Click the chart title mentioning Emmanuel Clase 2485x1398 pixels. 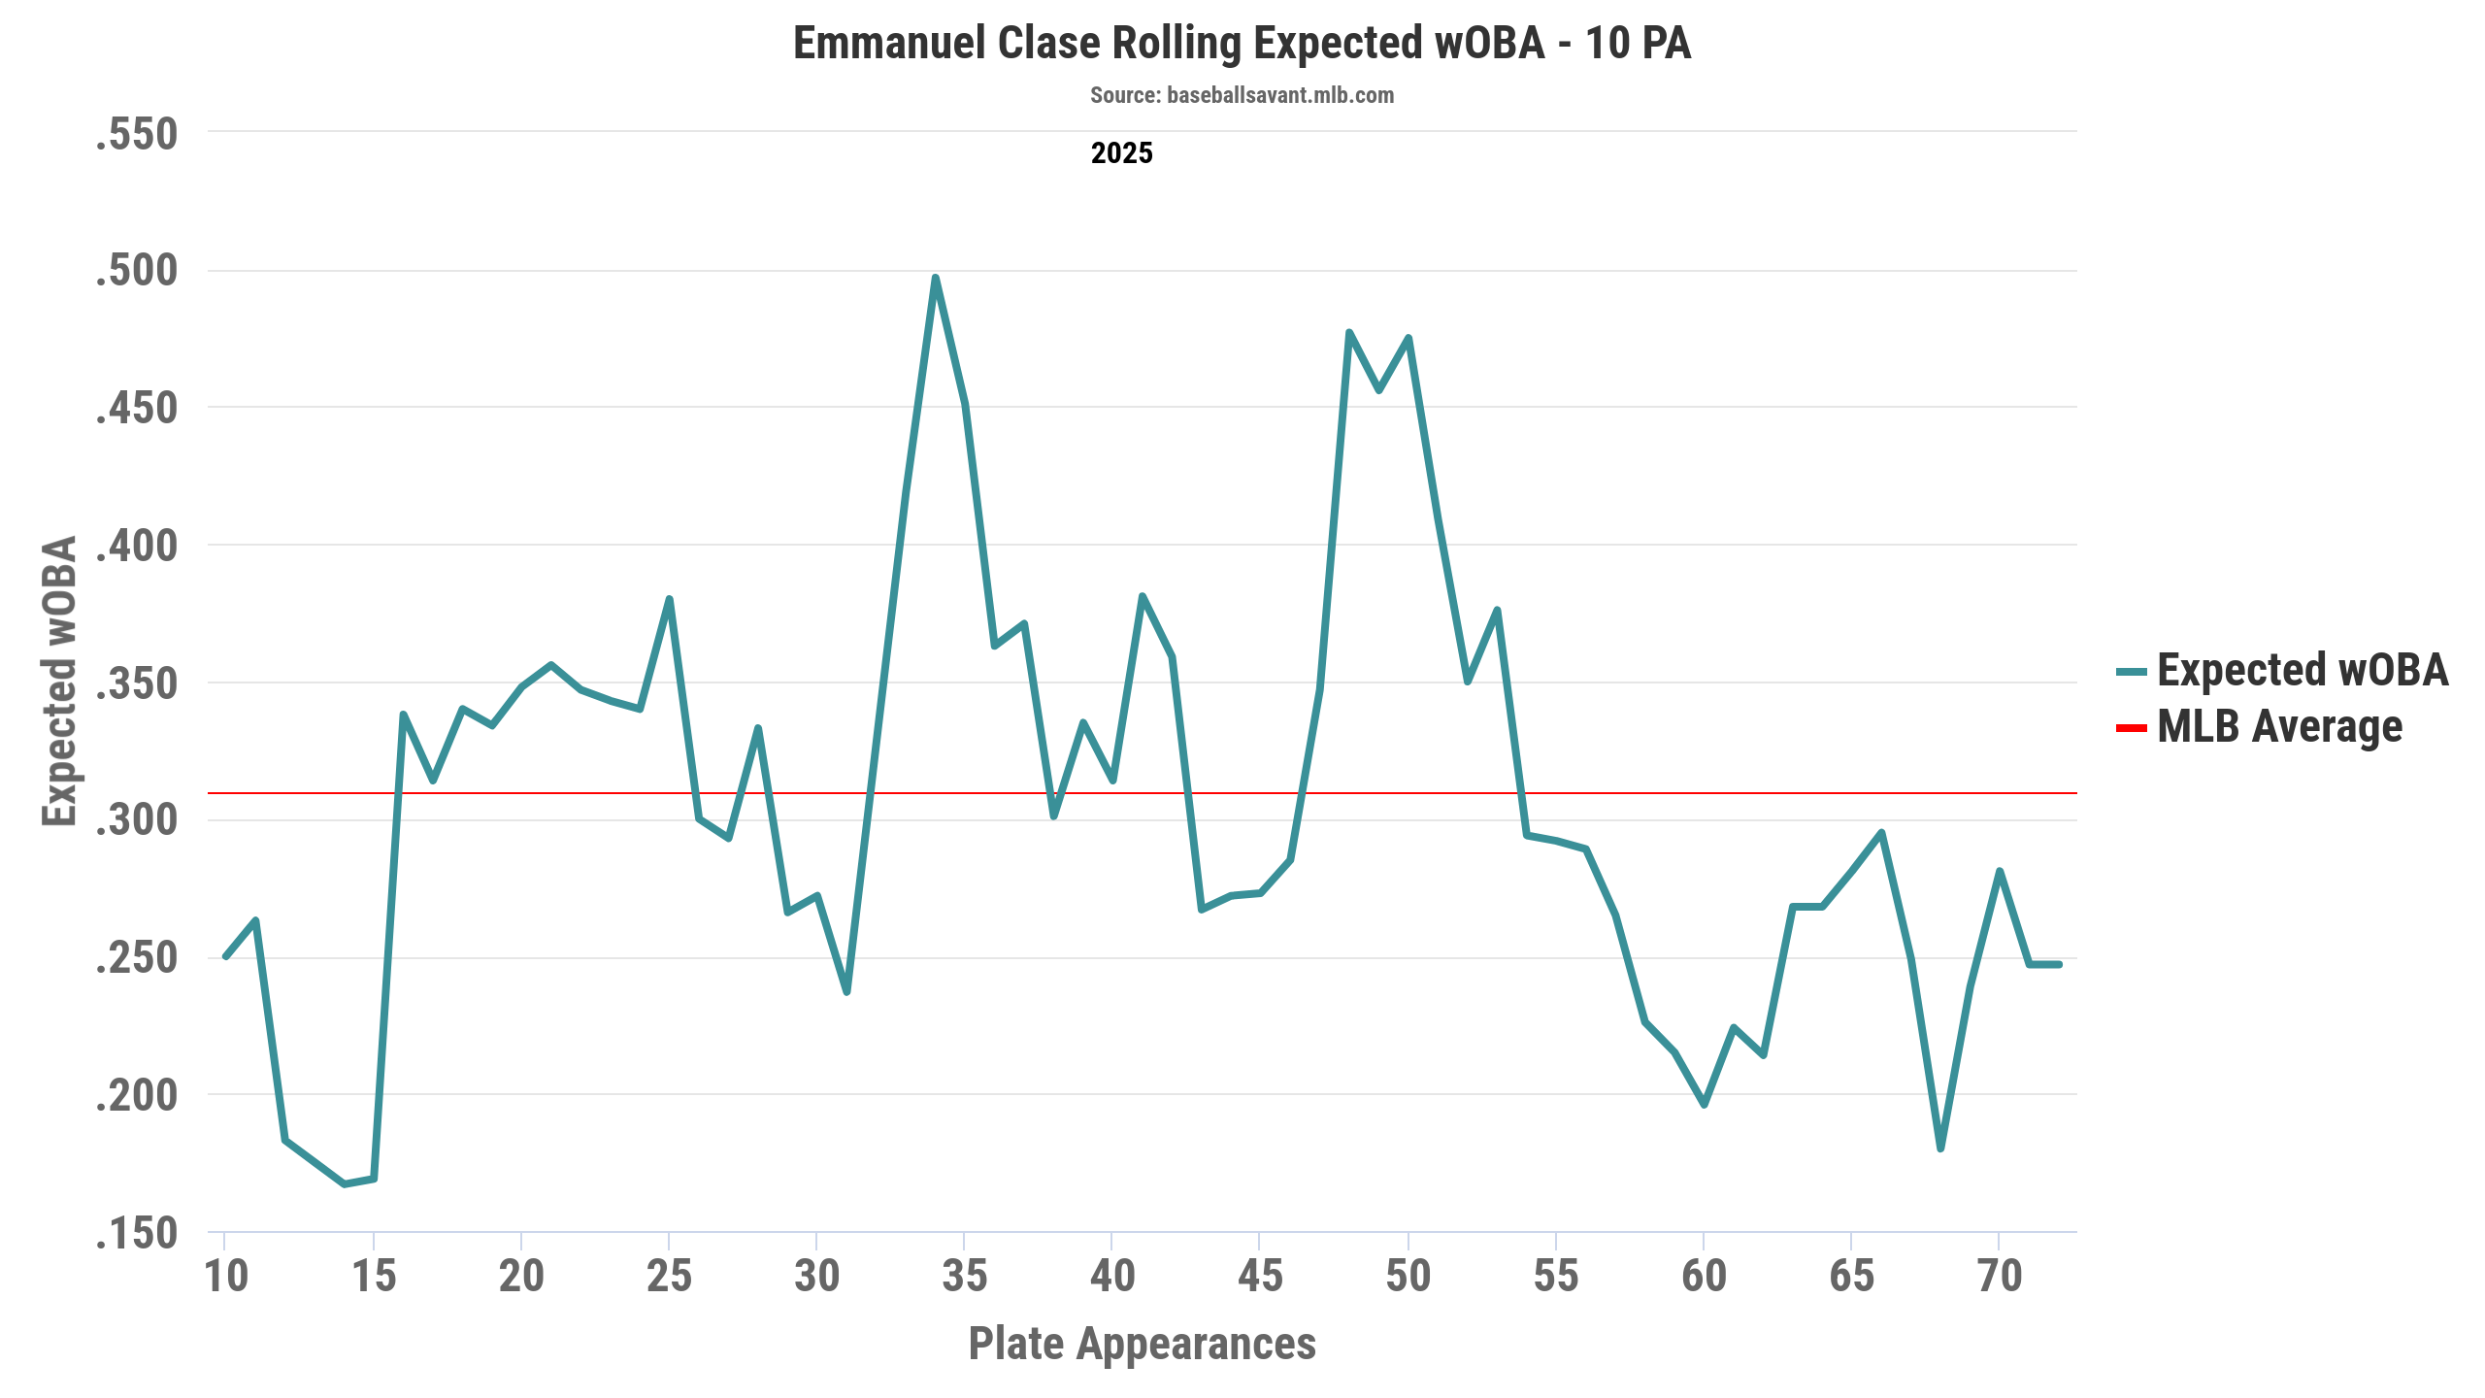1242,44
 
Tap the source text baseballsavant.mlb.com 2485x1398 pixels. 1242,95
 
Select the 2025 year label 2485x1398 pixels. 1121,153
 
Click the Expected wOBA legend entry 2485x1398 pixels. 2282,670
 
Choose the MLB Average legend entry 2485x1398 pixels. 2259,726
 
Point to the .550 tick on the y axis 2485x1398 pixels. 137,133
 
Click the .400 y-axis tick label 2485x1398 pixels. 137,546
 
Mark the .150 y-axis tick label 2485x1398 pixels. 137,1233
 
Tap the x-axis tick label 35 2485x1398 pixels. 964,1276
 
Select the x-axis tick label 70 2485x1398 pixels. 1999,1276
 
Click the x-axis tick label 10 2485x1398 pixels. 226,1276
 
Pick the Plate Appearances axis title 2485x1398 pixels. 1143,1344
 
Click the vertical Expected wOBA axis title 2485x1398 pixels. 59,681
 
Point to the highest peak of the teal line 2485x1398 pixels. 935,278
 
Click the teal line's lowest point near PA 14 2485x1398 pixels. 345,1183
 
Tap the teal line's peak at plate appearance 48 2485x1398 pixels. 1349,332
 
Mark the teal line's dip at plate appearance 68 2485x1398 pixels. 1940,1148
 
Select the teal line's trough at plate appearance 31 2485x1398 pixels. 846,992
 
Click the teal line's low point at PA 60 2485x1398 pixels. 1704,1105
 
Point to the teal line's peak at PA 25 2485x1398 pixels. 669,599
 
